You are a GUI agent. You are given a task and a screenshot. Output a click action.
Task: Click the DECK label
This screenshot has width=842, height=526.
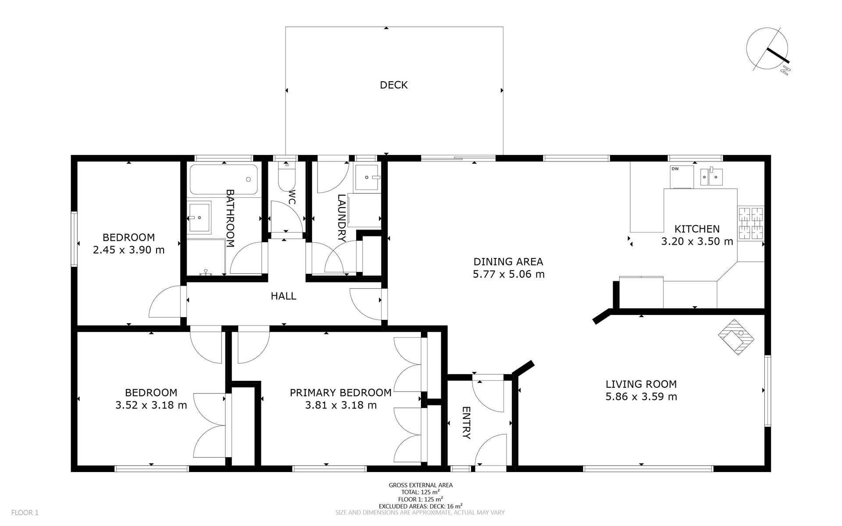(394, 85)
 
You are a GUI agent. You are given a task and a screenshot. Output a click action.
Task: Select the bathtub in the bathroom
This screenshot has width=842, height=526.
(224, 179)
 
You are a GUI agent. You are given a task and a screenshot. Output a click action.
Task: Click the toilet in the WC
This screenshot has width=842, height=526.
(287, 176)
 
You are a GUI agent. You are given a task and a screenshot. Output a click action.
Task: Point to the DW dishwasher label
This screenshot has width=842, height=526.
(675, 169)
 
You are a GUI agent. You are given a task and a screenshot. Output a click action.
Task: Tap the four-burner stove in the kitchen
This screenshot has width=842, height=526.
(751, 223)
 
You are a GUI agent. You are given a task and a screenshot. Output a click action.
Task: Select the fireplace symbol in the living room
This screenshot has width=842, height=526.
(736, 336)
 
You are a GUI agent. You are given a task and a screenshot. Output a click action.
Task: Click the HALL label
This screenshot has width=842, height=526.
(283, 296)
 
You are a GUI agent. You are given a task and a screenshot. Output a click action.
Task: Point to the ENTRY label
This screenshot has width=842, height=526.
(466, 422)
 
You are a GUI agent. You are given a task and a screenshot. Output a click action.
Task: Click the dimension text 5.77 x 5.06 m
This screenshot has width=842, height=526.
(509, 274)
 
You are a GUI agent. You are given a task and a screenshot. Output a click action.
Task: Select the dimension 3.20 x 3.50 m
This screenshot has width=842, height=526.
(697, 241)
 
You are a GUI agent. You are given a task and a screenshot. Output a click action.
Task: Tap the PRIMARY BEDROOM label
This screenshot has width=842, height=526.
(341, 393)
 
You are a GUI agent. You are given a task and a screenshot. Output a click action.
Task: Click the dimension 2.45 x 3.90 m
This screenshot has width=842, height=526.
(129, 250)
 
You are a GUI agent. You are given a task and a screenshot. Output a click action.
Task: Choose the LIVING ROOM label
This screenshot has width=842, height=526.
(641, 384)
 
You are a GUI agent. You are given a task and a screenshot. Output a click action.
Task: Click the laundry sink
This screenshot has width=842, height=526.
(367, 177)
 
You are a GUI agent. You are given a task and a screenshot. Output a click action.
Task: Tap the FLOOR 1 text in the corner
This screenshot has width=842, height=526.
(25, 512)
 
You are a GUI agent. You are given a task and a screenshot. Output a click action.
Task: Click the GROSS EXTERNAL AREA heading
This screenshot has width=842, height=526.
(421, 485)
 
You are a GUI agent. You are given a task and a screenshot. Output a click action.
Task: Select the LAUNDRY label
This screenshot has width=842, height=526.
(342, 218)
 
